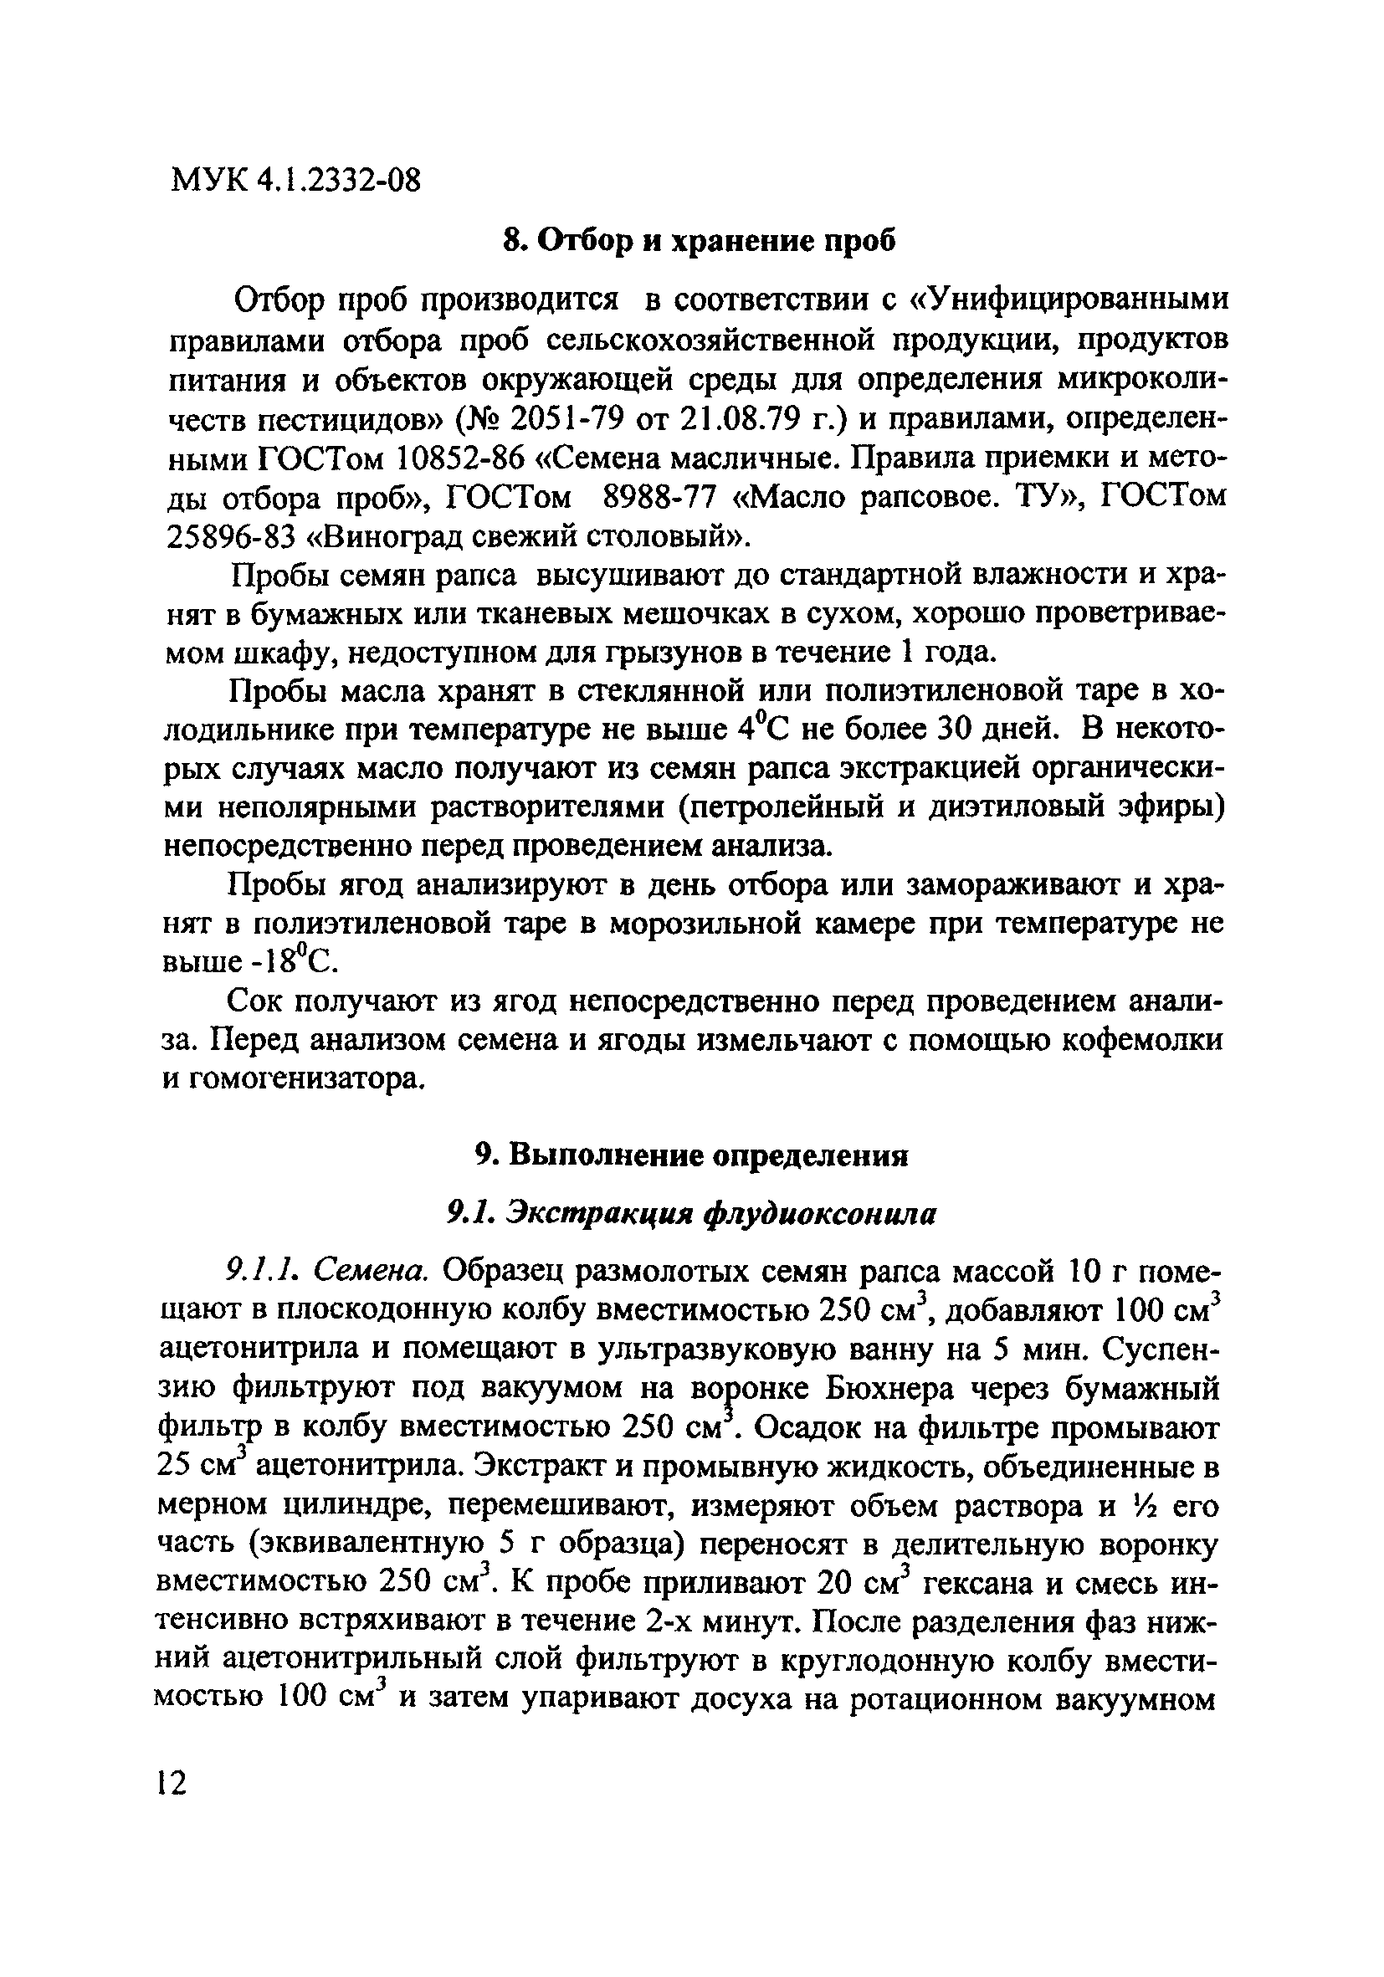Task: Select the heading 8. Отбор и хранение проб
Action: tap(699, 241)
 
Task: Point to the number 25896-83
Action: tap(228, 537)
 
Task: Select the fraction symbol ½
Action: tap(1150, 1505)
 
